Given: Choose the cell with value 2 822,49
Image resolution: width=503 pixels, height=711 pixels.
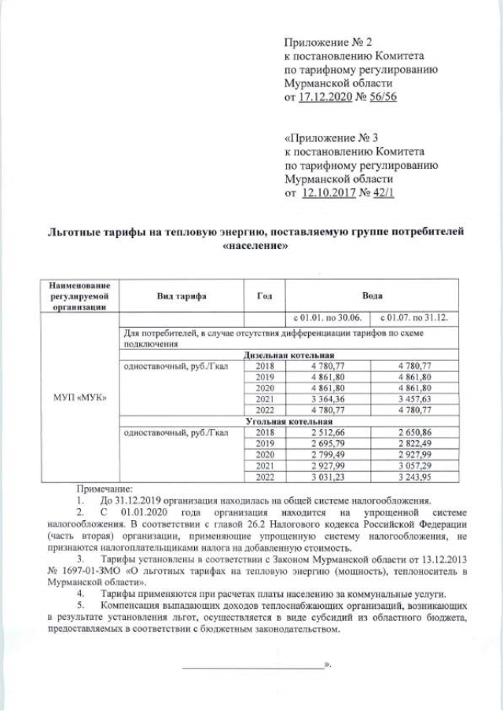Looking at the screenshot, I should [414, 444].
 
